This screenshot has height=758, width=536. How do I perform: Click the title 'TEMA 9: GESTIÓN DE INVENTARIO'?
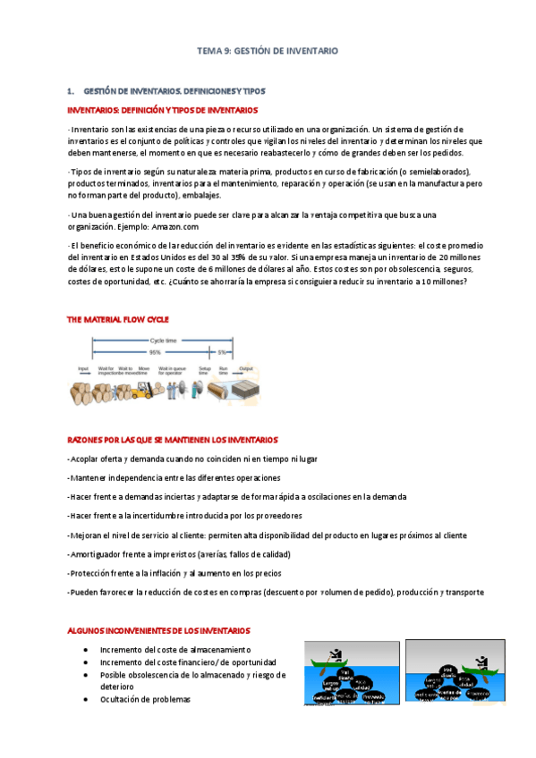268,52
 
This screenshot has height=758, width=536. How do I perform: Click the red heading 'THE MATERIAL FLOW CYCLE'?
118,319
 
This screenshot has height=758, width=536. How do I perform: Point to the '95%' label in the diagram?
156,352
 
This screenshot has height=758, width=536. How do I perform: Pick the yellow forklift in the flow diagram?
142,390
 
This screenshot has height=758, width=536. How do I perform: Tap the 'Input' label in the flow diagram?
83,368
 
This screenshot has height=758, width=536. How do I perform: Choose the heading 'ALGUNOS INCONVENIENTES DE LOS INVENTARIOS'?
159,630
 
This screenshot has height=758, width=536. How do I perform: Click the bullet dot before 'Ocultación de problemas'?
85,699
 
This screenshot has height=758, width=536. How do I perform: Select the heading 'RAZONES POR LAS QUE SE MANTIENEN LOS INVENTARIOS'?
173,440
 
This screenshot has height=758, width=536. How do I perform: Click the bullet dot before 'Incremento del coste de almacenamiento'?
85,649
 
